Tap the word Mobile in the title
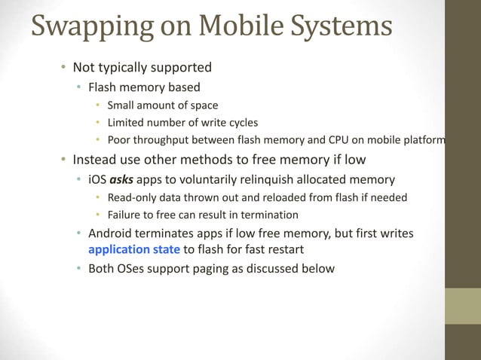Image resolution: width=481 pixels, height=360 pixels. click(234, 26)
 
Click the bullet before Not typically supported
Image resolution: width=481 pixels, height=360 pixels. click(64, 67)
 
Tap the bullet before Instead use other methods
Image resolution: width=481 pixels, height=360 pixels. click(64, 160)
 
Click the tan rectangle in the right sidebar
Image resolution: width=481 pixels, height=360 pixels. click(462, 306)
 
